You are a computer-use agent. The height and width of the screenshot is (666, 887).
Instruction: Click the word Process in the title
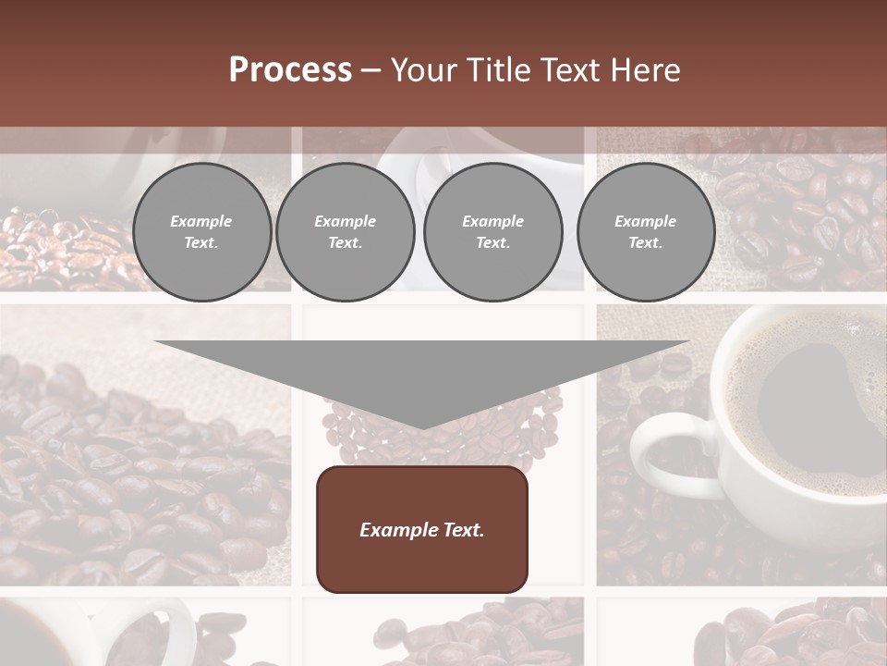point(290,70)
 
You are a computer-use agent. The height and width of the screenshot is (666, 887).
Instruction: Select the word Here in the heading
point(647,70)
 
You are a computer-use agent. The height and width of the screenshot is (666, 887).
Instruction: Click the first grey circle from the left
point(201,232)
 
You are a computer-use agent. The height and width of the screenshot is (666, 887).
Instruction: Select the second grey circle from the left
point(345,232)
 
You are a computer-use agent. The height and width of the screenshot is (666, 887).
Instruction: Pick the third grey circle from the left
point(492,232)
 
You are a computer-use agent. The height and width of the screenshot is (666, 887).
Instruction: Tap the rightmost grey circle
point(645,232)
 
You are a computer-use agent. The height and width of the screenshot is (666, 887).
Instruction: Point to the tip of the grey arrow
point(422,427)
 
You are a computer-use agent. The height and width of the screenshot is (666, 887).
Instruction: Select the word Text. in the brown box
point(463,530)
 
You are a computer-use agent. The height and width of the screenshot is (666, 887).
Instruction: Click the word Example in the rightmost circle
point(645,221)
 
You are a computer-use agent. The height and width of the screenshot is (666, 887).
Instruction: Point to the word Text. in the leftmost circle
point(201,243)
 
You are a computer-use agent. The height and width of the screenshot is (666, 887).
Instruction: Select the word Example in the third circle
point(492,221)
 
